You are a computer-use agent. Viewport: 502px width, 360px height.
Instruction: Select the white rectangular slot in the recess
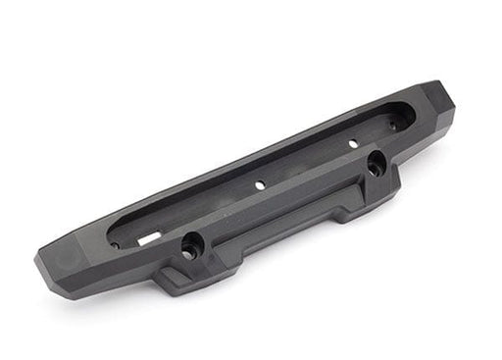coord(146,237)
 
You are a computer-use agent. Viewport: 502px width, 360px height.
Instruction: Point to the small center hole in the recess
coord(261,183)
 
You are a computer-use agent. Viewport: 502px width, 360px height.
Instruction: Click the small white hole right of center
coord(353,143)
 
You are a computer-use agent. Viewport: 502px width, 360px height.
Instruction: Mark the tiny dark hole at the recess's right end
coord(392,125)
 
